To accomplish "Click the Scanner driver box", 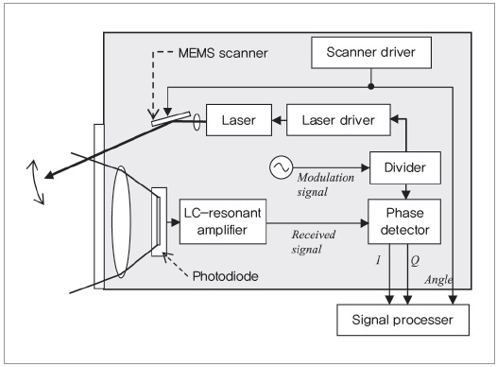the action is click(x=371, y=53).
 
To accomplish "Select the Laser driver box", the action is click(x=338, y=120).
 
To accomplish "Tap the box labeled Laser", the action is click(x=239, y=120).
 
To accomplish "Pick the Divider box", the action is click(x=405, y=167).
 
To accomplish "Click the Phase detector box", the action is click(x=404, y=221).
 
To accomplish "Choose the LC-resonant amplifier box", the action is click(x=222, y=221).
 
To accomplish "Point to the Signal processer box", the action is click(x=403, y=320).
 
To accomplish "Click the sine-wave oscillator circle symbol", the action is click(x=282, y=167).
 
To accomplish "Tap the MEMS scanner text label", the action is click(x=223, y=53).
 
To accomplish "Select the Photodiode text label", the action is click(x=226, y=276).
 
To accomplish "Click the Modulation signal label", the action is click(x=326, y=184).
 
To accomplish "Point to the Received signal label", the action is click(x=313, y=242).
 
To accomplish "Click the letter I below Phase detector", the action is click(x=378, y=260).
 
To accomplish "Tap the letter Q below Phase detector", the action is click(x=415, y=261).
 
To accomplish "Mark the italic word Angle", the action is click(x=438, y=280).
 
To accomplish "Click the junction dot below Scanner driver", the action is click(x=371, y=86).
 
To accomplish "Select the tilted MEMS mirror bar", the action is click(x=171, y=118).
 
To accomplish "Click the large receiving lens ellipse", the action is click(x=121, y=221).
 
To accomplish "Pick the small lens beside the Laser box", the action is click(x=197, y=122).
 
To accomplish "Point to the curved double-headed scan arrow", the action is click(x=36, y=183).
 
